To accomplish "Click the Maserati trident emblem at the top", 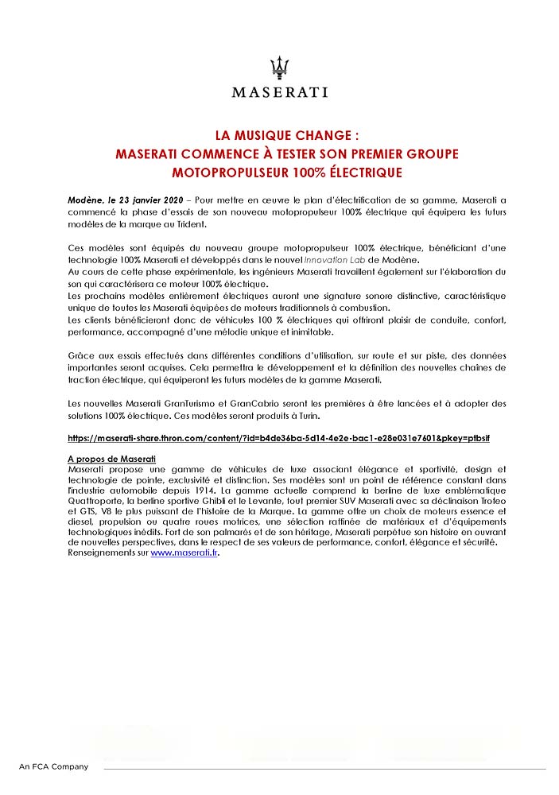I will [x=279, y=67].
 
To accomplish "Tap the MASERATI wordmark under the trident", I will [x=279, y=91].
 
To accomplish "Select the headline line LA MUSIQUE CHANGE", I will [x=279, y=135].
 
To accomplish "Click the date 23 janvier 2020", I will [x=151, y=196].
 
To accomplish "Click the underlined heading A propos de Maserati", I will [x=111, y=460].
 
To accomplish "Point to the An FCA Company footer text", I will [x=53, y=766].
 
